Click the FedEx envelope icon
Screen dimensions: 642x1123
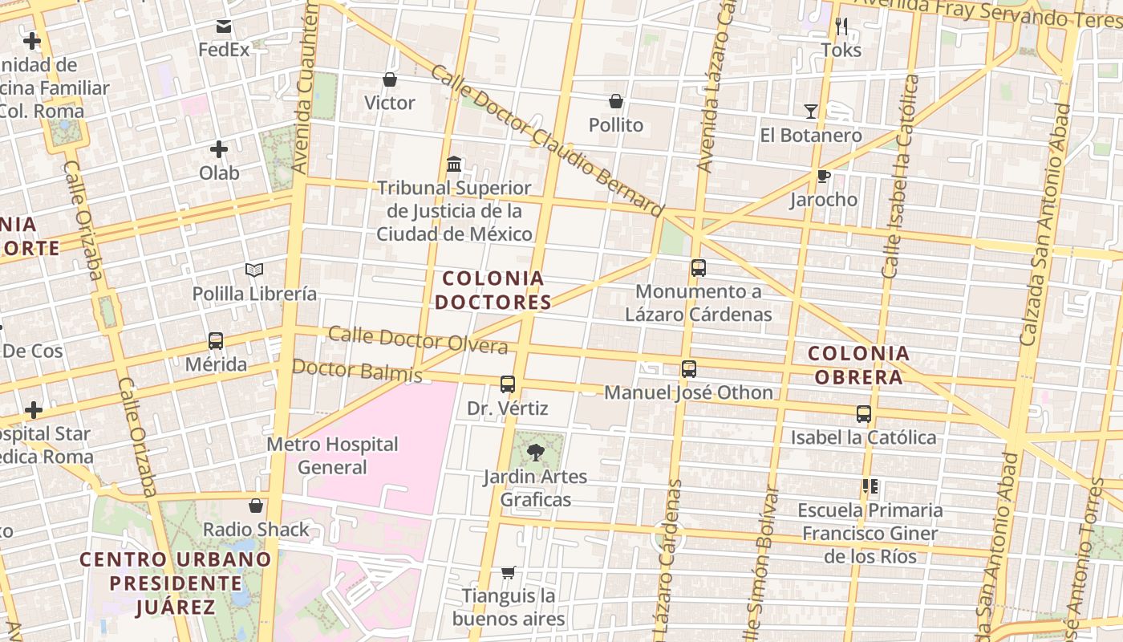point(224,26)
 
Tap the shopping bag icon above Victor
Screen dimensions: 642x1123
point(390,79)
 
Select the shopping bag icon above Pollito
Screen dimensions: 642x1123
point(616,101)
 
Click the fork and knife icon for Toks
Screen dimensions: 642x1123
point(841,26)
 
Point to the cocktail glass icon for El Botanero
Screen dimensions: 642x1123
point(811,112)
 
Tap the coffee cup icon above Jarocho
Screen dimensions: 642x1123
point(823,177)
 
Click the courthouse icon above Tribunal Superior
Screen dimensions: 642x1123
point(454,165)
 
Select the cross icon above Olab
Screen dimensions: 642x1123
point(219,149)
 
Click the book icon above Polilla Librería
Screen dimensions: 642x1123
point(254,270)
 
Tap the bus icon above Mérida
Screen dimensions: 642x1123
point(215,341)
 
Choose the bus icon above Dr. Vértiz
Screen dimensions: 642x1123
point(508,384)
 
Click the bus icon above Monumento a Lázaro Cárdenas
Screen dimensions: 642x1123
point(699,268)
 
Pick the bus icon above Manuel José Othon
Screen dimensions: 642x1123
point(688,369)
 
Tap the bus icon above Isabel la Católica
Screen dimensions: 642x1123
point(864,414)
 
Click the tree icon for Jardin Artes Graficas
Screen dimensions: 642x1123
point(535,453)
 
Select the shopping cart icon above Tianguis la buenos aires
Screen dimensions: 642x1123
point(508,572)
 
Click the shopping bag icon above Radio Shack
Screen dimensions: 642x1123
point(256,506)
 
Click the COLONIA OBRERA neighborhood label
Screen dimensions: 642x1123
point(858,365)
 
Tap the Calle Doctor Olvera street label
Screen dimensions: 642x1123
point(418,340)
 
